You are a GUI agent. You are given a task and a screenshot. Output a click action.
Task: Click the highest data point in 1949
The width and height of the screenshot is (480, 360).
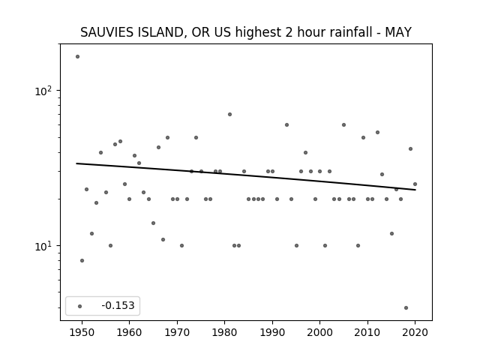pyautogui.click(x=77, y=57)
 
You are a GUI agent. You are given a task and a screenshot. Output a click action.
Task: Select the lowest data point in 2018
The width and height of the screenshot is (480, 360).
pyautogui.click(x=406, y=308)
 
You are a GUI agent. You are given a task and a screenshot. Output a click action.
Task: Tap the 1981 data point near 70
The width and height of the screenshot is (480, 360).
pyautogui.click(x=230, y=115)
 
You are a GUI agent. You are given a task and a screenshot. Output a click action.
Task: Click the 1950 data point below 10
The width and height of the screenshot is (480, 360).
pyautogui.click(x=82, y=261)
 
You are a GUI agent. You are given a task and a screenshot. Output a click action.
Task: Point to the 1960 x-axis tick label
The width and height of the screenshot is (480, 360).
pyautogui.click(x=129, y=332)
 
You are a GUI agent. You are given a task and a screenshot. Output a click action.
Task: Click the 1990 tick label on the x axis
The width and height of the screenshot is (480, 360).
pyautogui.click(x=272, y=332)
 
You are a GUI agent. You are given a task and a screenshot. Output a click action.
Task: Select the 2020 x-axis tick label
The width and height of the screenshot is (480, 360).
pyautogui.click(x=415, y=332)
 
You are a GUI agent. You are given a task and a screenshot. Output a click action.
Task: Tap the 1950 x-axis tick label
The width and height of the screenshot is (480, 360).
pyautogui.click(x=82, y=332)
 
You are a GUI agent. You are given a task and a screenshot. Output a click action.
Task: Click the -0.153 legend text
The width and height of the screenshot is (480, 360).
pyautogui.click(x=118, y=305)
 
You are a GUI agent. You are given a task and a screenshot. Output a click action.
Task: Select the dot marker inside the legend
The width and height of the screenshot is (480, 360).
pyautogui.click(x=80, y=306)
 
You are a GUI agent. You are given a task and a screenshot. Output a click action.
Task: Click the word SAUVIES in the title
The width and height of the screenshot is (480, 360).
pyautogui.click(x=107, y=32)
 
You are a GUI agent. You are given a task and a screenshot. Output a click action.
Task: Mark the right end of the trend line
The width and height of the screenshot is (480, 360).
pyautogui.click(x=415, y=190)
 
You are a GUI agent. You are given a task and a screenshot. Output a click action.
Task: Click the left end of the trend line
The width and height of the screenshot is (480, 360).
pyautogui.click(x=76, y=163)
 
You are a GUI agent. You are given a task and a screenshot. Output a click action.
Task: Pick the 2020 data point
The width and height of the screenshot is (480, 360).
pyautogui.click(x=415, y=184)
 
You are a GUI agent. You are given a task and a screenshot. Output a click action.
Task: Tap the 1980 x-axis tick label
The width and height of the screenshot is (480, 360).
pyautogui.click(x=224, y=332)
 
